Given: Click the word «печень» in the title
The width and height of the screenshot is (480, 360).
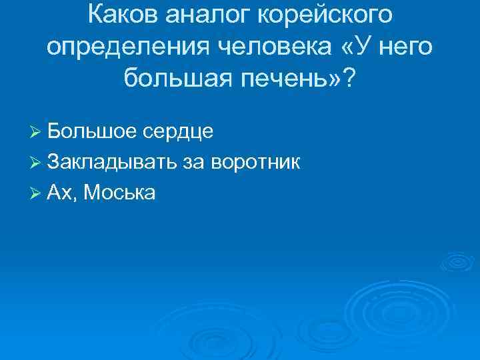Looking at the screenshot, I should [x=279, y=81].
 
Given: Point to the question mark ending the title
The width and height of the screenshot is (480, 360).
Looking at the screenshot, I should [x=349, y=80].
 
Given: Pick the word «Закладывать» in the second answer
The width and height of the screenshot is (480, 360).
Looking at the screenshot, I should [x=113, y=162].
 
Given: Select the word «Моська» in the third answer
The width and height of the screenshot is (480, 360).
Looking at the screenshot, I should [x=121, y=193].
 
